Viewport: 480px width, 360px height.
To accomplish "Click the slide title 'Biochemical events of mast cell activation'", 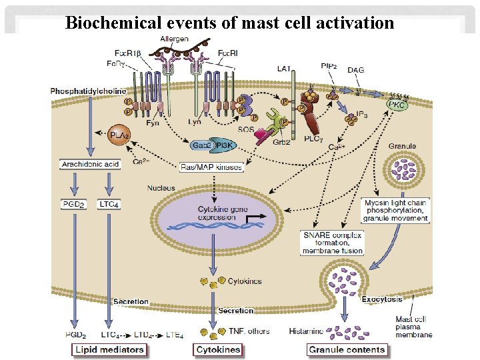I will pos(230,23).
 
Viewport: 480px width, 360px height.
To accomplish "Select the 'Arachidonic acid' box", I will pos(90,163).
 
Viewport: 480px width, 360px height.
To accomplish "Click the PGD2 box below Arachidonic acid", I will pos(73,203).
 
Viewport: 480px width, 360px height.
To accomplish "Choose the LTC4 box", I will pos(109,203).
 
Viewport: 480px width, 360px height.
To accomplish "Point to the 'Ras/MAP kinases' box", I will pos(212,166).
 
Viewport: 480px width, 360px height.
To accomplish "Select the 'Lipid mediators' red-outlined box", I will pos(109,349).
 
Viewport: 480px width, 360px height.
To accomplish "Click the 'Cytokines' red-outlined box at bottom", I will pos(217,349).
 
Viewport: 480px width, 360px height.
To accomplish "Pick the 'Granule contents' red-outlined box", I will pos(347,349).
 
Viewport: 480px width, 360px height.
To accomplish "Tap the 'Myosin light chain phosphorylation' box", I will pos(396,209).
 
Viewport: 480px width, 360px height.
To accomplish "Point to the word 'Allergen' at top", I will pos(174,39).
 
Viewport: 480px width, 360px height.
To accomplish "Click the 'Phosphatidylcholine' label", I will pos(83,90).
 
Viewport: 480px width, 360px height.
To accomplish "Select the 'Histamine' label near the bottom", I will pos(307,331).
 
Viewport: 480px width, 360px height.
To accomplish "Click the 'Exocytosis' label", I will pos(382,299).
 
